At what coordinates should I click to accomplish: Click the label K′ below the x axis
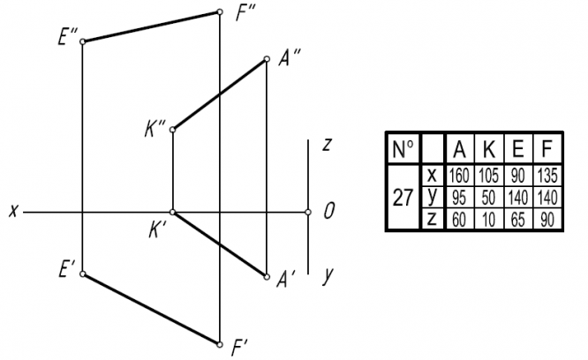(x=158, y=228)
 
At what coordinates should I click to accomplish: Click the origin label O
(x=328, y=211)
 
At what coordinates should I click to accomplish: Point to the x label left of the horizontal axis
(x=14, y=211)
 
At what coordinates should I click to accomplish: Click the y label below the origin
(x=328, y=274)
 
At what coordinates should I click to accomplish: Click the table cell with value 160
(x=460, y=175)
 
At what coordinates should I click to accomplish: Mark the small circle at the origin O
(x=308, y=212)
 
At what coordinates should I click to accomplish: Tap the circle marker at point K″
(x=172, y=130)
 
